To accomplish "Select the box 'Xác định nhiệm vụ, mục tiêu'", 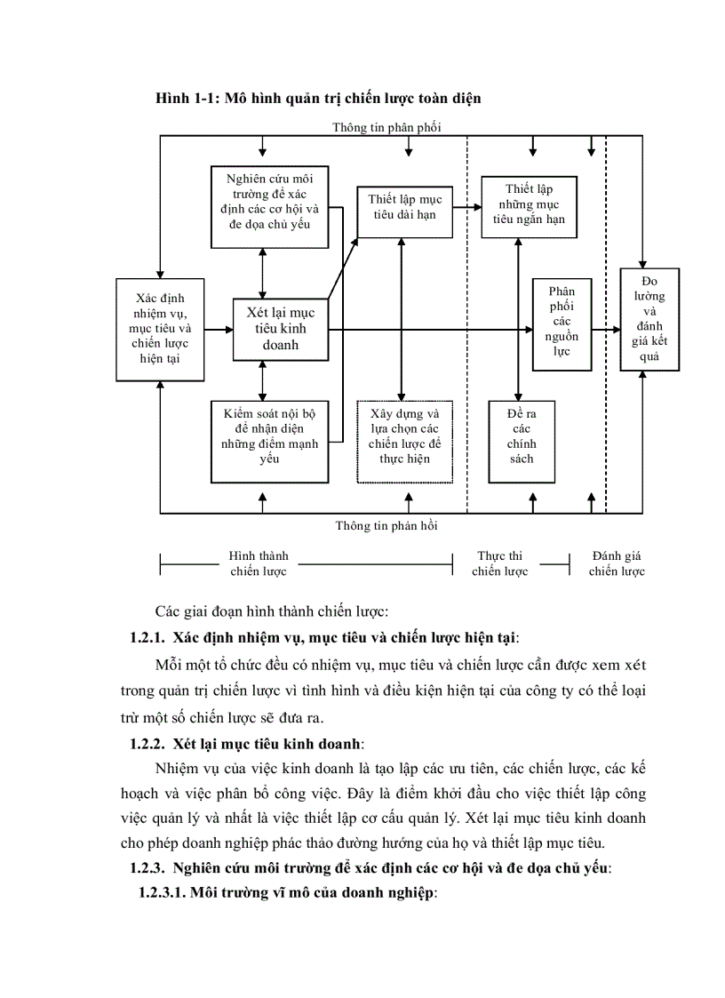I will coord(160,329).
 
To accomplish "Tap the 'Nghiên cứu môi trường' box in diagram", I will coord(264,206).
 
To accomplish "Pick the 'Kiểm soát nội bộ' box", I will coord(264,436).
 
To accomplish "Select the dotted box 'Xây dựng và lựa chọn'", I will coord(404,441).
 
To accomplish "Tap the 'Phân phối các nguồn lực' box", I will coord(562,323).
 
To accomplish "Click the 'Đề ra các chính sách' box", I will coord(522,441).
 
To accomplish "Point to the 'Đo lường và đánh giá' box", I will coord(649,319).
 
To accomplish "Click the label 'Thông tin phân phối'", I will coord(386,127).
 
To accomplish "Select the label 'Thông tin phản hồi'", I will coord(386,525).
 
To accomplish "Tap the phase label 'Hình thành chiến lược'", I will coord(259,563).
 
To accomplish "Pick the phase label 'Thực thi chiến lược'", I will coord(499,563).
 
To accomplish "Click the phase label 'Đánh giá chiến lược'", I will coord(617,563).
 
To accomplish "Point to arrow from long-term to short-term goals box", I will coord(466,212).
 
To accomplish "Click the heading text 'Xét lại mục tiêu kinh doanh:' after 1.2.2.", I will coord(268,740).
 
